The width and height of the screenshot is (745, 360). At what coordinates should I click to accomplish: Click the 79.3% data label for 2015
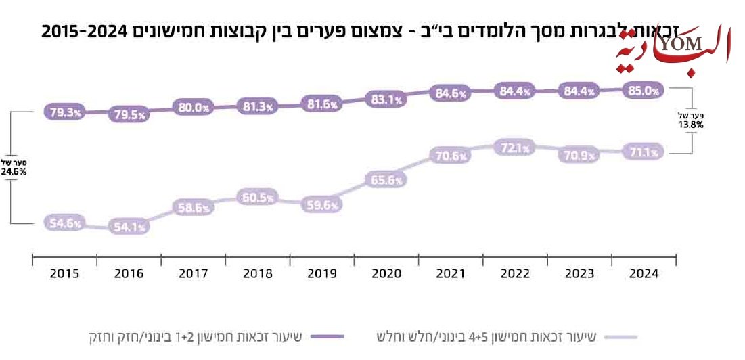click(x=65, y=112)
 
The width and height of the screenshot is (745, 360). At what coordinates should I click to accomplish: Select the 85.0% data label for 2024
click(x=643, y=91)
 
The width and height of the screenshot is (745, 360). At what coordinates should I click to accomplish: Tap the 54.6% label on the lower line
click(x=65, y=223)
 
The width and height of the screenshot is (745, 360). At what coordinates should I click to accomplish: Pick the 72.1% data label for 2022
click(x=515, y=148)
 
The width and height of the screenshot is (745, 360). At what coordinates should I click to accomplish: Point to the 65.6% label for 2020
click(x=386, y=180)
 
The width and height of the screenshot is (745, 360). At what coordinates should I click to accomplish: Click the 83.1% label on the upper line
click(x=386, y=99)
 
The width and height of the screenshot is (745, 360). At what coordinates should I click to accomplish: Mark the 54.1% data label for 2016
click(x=129, y=227)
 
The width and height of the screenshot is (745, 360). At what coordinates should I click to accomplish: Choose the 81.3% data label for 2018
click(x=258, y=106)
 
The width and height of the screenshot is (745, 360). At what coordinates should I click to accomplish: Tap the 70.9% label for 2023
click(x=579, y=155)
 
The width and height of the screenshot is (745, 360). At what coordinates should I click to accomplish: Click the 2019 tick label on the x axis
click(x=322, y=274)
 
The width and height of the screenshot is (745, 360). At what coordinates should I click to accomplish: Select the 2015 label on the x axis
click(x=65, y=274)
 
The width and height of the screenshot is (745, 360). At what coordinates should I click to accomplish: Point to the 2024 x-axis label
click(x=643, y=274)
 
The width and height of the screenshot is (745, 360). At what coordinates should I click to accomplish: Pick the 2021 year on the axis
click(x=451, y=274)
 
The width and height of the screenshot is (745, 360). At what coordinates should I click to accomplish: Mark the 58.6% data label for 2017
click(x=193, y=208)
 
